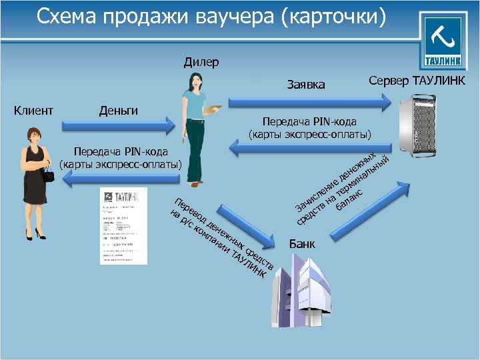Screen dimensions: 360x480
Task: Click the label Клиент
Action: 34,111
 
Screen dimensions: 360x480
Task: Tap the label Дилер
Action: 201,63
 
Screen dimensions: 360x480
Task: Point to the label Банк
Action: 303,245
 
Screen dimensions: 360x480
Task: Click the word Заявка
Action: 306,85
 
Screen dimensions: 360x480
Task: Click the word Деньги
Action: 118,111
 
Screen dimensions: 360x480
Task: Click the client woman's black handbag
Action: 49,175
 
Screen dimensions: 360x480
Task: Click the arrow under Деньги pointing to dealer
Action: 117,125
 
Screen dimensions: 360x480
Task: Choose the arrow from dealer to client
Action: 120,177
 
